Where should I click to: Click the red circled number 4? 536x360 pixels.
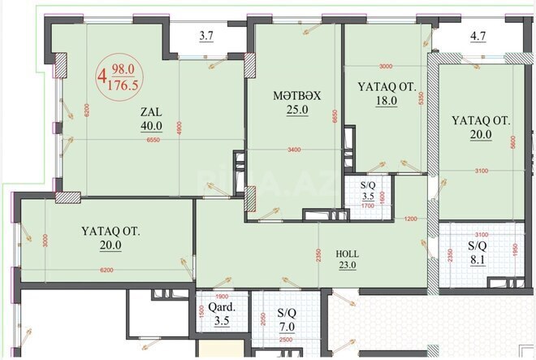tap(102, 78)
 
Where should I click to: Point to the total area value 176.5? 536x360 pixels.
tap(124, 83)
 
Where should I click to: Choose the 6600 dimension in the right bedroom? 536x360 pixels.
tap(513, 141)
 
